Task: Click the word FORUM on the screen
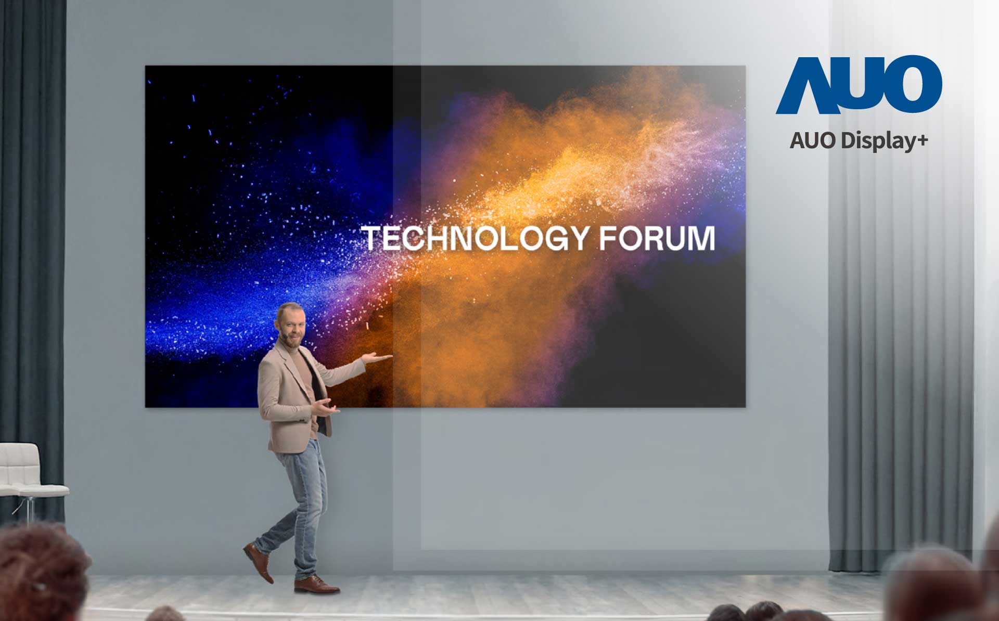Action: [x=657, y=238]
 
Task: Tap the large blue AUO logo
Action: [x=859, y=85]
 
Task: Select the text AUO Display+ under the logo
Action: [x=859, y=141]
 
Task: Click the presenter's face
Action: [x=290, y=328]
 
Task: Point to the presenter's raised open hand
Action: [x=378, y=357]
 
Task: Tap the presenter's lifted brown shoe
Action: [x=259, y=562]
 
